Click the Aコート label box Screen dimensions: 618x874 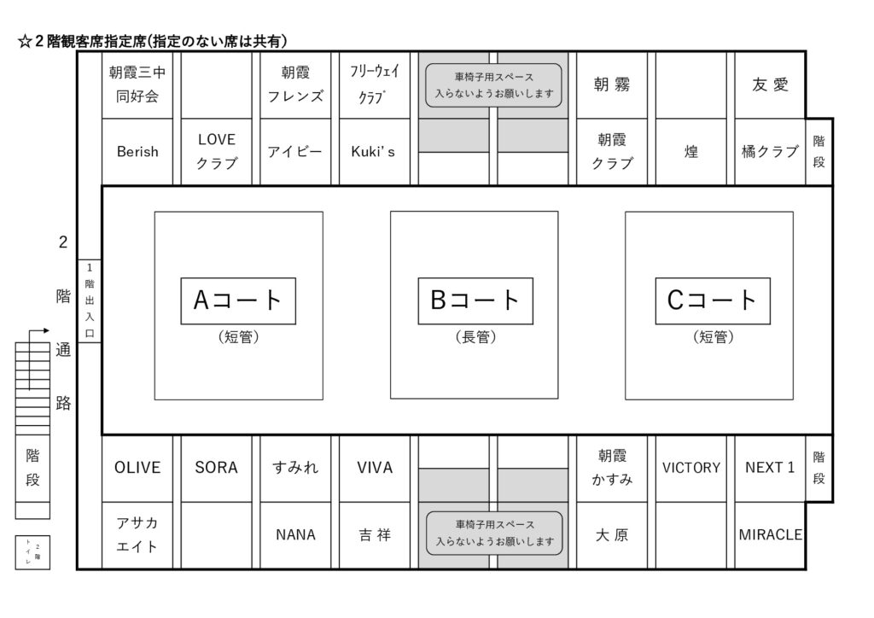coord(238,300)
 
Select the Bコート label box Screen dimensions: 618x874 coord(475,300)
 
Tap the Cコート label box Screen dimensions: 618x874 coord(712,300)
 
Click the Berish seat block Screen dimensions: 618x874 coord(137,151)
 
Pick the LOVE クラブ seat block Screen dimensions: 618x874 coord(217,151)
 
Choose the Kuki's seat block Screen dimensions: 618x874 coord(374,151)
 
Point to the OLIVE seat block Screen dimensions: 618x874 coord(137,468)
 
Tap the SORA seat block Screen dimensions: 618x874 coord(217,468)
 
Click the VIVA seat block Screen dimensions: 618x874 coord(374,468)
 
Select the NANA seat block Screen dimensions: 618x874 coord(295,535)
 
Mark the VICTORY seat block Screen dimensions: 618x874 coord(691,468)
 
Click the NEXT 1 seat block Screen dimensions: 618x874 coord(770,468)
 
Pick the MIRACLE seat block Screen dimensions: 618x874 coord(770,535)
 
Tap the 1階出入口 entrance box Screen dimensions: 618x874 coord(90,300)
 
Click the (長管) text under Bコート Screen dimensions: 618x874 coord(475,338)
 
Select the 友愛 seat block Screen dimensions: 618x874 coord(770,85)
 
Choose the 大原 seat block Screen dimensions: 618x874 coord(612,535)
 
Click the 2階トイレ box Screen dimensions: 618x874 coord(32,552)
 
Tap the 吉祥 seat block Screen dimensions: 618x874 coord(374,535)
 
